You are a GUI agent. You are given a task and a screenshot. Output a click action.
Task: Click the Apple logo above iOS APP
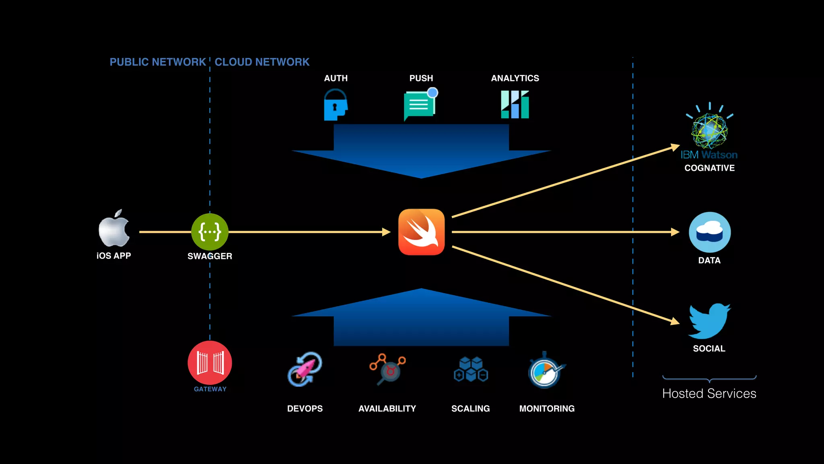click(114, 229)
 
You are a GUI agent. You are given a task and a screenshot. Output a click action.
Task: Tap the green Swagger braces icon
click(210, 232)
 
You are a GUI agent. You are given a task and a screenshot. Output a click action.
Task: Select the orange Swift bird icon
click(421, 232)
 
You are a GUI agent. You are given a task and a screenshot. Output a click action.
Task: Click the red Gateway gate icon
click(210, 362)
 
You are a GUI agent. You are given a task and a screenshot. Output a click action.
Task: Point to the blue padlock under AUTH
click(335, 106)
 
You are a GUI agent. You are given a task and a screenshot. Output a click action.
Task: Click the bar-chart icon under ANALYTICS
click(515, 105)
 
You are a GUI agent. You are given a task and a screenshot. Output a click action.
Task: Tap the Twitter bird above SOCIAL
click(709, 321)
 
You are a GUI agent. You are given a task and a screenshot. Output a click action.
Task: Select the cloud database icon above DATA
click(710, 232)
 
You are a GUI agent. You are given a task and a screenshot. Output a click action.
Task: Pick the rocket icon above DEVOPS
click(305, 369)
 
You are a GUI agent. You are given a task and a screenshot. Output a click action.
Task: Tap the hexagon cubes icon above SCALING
click(471, 369)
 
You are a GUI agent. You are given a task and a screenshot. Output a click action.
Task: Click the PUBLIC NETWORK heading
click(158, 62)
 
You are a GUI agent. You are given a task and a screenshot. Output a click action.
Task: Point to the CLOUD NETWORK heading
click(262, 62)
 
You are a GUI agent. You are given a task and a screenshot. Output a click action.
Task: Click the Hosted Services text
click(709, 394)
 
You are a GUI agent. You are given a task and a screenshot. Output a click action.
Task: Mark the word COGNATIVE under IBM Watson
click(709, 168)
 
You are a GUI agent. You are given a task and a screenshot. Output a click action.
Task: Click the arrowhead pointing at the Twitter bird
click(675, 321)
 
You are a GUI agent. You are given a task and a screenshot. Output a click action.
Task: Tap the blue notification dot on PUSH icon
click(433, 93)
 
